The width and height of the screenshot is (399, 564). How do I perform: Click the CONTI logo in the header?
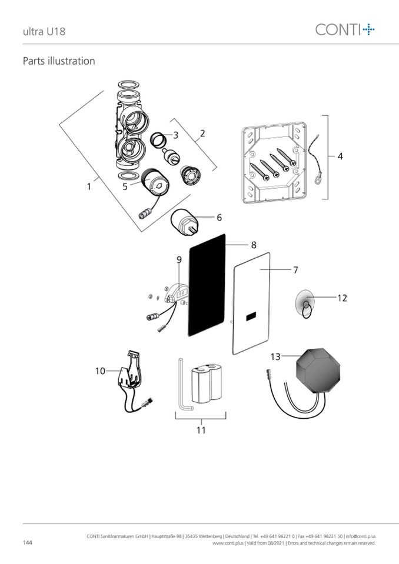coord(345,29)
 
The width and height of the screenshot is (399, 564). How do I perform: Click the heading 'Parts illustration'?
coord(58,61)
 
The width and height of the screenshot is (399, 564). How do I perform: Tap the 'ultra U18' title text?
coord(44,31)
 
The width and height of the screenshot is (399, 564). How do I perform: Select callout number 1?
coord(89,186)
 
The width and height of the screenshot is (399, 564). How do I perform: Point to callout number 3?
coord(175,135)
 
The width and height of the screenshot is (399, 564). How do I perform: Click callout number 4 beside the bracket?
coord(340,156)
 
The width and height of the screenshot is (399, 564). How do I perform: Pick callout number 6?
coord(219,218)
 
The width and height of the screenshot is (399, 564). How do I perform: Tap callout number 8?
coord(254,243)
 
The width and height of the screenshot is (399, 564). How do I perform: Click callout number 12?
coord(342,298)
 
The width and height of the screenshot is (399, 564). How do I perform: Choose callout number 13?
coord(275,356)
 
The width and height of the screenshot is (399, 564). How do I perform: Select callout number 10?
coord(100,371)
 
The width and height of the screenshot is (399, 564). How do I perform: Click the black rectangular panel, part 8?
coord(207,286)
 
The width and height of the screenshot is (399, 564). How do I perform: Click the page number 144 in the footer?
coord(28,542)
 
